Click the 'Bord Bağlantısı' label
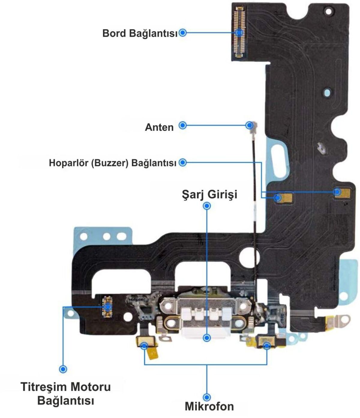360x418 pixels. coord(140,33)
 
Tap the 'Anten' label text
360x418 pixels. coord(159,127)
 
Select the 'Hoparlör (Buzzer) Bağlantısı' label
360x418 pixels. coord(112,163)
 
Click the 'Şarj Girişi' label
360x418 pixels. coord(209,195)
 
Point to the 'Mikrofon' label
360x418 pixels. coord(209,407)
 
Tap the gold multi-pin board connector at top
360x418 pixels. coord(239,31)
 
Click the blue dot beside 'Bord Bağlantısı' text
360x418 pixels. coord(182,33)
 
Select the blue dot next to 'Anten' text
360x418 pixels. coord(182,125)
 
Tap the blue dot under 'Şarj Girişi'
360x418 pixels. coord(207,206)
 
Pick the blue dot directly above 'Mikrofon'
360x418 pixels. coord(207,397)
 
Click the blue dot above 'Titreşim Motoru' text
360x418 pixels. coord(63,369)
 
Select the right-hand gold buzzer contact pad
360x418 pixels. coord(343,192)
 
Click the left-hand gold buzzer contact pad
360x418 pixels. coord(283,198)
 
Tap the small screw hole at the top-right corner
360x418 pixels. coord(328,11)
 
